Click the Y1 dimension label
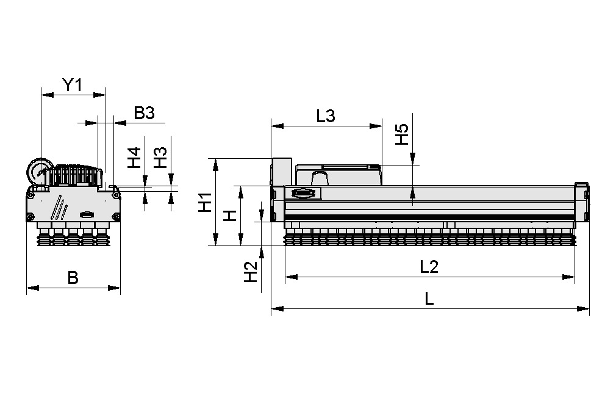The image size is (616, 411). pyautogui.click(x=73, y=85)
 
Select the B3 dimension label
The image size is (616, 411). pyautogui.click(x=145, y=114)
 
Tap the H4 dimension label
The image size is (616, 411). pyautogui.click(x=134, y=159)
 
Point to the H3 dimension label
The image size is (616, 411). pyautogui.click(x=160, y=159)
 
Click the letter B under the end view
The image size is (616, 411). pyautogui.click(x=73, y=278)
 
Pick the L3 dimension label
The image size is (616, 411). pyautogui.click(x=326, y=116)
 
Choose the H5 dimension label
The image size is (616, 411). pyautogui.click(x=401, y=134)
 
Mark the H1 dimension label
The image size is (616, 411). pyautogui.click(x=205, y=202)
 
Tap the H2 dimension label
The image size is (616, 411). pyautogui.click(x=250, y=272)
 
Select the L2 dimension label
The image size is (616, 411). pyautogui.click(x=429, y=267)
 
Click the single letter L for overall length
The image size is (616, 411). pyautogui.click(x=429, y=299)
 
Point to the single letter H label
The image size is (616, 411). pyautogui.click(x=229, y=215)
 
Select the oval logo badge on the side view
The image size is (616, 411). pyautogui.click(x=304, y=194)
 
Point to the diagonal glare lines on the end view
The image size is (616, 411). pyautogui.click(x=59, y=208)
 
